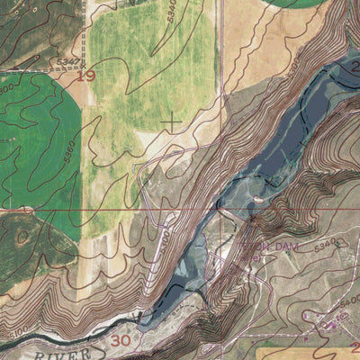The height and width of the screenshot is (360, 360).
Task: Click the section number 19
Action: tap(85, 76)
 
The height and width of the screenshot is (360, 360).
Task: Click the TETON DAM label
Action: tap(260, 244)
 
